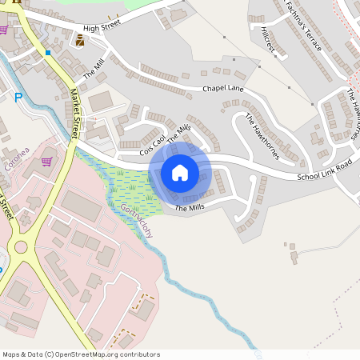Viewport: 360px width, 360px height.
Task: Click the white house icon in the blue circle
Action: pos(180,172)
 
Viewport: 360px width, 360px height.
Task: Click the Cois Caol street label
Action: pos(152,144)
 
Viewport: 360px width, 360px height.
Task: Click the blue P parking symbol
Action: pos(18,98)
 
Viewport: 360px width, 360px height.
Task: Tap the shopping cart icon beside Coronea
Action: pos(46,161)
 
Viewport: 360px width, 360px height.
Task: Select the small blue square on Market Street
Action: pos(49,53)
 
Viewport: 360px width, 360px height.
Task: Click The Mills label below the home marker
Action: pos(190,208)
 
